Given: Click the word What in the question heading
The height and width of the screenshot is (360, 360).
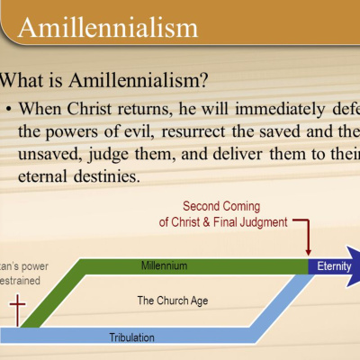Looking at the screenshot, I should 31,81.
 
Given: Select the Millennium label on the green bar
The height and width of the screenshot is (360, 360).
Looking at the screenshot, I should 165,265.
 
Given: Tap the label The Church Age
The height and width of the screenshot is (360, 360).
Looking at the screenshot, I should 166,300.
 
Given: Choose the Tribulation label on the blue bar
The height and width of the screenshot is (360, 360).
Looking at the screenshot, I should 130,337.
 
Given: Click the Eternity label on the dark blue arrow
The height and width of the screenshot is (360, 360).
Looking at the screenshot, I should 333,266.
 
